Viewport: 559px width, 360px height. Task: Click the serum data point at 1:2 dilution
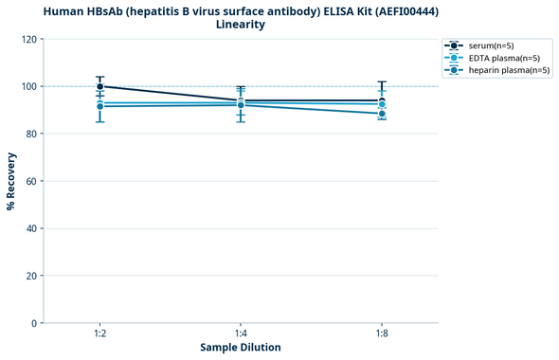point(99,86)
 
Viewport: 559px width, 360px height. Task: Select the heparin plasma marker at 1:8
point(382,114)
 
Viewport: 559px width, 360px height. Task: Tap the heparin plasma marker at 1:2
point(99,106)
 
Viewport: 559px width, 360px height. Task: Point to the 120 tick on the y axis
point(30,39)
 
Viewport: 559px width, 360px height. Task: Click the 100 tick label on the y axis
point(30,86)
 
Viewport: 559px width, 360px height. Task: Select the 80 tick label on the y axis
point(32,134)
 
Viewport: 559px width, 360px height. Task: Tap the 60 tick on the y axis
point(32,181)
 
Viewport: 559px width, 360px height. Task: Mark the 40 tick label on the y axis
point(32,228)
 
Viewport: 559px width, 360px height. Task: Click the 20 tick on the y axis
point(32,276)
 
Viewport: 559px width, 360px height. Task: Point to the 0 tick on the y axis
point(35,323)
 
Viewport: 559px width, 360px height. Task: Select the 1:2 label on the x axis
point(99,333)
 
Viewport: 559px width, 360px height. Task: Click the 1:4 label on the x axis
point(241,333)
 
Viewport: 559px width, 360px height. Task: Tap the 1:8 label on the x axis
point(382,333)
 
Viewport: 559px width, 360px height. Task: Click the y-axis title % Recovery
point(11,180)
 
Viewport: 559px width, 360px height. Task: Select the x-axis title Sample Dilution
point(241,348)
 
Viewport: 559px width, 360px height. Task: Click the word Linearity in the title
point(241,25)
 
